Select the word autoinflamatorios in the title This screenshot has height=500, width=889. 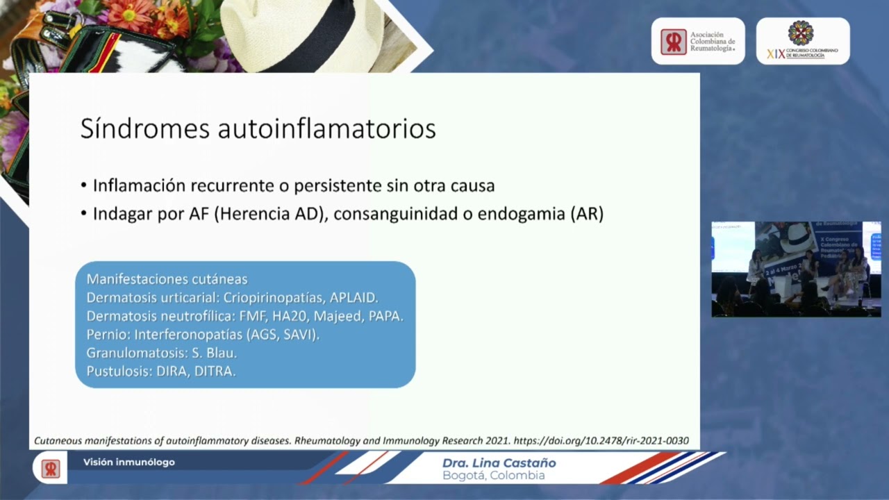(x=326, y=129)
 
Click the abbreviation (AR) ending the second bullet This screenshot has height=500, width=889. (x=586, y=215)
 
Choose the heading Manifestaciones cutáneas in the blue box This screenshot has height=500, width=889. (x=167, y=279)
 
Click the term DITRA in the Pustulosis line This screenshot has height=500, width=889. (x=216, y=372)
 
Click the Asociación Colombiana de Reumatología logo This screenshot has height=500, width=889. (x=697, y=42)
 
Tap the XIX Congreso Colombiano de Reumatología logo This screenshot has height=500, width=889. (x=802, y=42)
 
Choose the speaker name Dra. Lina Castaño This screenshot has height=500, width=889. (x=499, y=463)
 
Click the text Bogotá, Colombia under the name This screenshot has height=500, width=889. (x=493, y=476)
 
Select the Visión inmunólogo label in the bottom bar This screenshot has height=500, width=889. (x=129, y=462)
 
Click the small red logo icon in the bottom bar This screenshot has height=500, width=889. (x=50, y=469)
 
